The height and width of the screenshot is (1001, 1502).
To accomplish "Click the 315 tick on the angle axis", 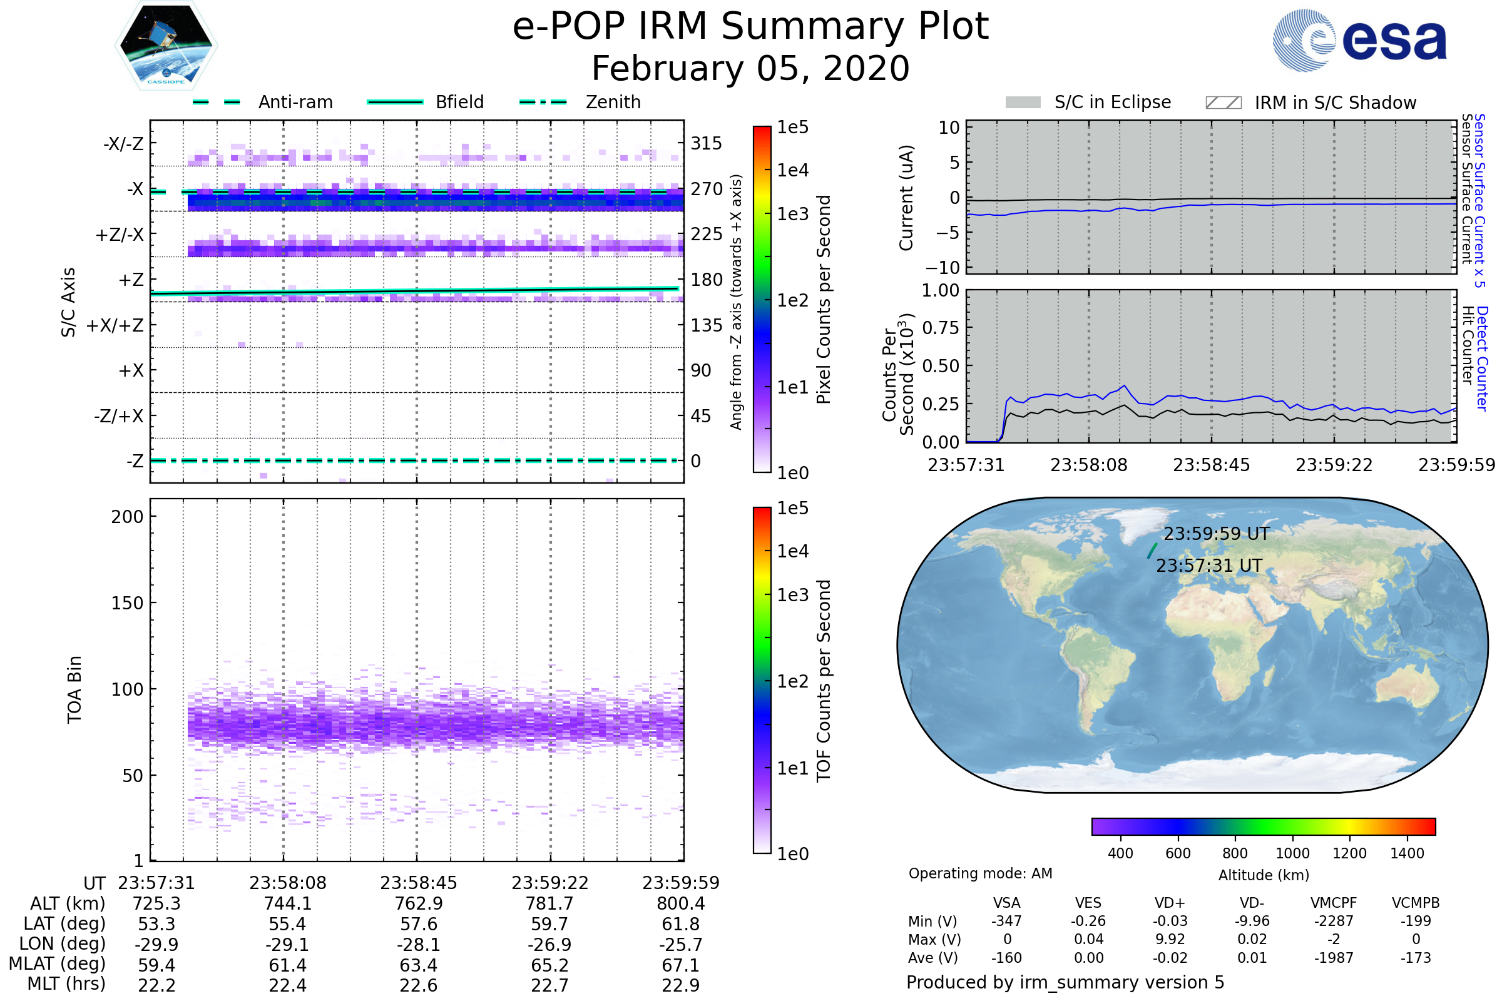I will pos(706,144).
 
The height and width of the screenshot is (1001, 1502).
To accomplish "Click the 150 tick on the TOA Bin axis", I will pos(127,603).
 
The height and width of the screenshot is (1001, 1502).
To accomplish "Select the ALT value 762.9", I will pos(418,904).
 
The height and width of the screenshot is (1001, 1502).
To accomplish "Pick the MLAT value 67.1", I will pos(680,965).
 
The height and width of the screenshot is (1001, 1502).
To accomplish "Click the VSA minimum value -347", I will pos(1006,921).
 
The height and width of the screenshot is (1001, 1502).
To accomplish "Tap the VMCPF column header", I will pos(1334,903).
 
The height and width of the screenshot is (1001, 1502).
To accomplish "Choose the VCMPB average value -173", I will pos(1415,958).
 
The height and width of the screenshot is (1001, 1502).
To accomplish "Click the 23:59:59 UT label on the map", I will pos(1216,534).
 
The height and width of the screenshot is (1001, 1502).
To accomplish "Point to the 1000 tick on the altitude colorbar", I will pos(1292,853).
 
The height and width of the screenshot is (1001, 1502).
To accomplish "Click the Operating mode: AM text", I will pos(980,873).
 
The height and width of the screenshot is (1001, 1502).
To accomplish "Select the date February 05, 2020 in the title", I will pos(750,68).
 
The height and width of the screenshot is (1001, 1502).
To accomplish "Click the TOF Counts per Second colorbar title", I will pos(824,681).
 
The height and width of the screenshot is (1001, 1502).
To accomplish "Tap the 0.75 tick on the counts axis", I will pos(941,328).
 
